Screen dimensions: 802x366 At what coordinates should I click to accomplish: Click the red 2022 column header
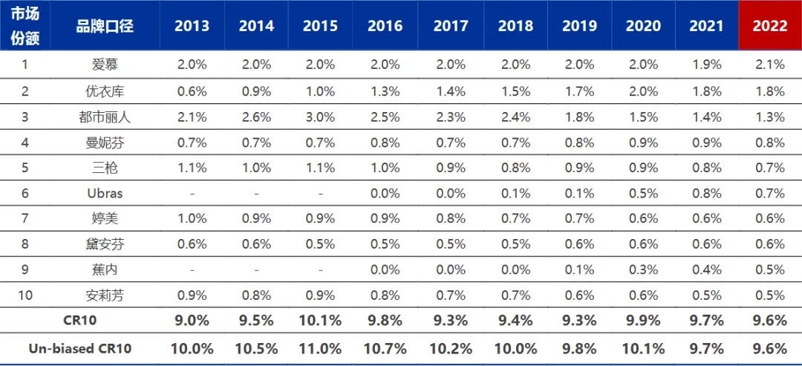coord(770,26)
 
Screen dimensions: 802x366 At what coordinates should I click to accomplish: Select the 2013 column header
coord(192,26)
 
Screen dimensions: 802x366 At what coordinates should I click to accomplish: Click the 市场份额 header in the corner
coord(25,25)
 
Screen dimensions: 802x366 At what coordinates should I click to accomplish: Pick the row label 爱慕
coord(105,65)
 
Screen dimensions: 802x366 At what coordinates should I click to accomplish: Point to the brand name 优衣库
coord(105,91)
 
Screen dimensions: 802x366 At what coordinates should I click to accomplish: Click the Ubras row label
coord(105,193)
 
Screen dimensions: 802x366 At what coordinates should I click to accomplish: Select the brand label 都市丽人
coord(105,117)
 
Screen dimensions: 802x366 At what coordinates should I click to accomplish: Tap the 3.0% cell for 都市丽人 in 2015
coord(320,117)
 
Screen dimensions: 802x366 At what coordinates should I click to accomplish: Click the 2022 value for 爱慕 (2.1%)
coord(770,65)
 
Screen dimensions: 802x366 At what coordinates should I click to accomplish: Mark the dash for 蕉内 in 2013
coord(192,270)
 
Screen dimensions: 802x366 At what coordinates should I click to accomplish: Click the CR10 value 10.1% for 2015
coord(320,321)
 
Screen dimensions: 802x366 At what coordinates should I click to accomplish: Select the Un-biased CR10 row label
coord(79,349)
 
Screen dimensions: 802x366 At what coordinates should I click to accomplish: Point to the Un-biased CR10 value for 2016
coord(385,349)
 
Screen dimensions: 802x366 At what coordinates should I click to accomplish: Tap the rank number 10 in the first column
coord(25,295)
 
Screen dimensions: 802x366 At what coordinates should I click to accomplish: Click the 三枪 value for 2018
coord(513,168)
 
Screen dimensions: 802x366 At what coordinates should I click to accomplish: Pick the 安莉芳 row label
coord(105,295)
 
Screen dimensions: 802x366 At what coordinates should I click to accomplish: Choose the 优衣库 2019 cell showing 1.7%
coord(578,91)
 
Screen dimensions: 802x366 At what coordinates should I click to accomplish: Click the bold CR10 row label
coord(79,321)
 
